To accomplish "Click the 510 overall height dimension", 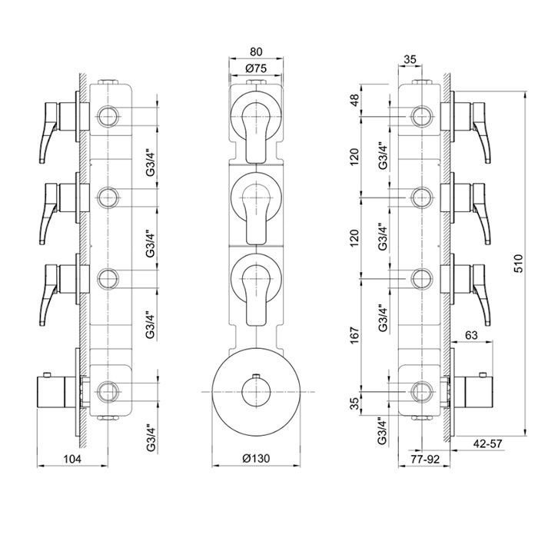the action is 519,263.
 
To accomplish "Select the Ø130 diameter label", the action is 256,458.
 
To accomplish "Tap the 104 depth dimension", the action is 72,459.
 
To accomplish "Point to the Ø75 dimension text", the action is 256,68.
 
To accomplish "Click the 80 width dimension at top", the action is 256,51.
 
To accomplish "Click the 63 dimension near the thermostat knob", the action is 471,334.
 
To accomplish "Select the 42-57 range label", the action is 487,443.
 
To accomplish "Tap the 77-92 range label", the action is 425,459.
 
